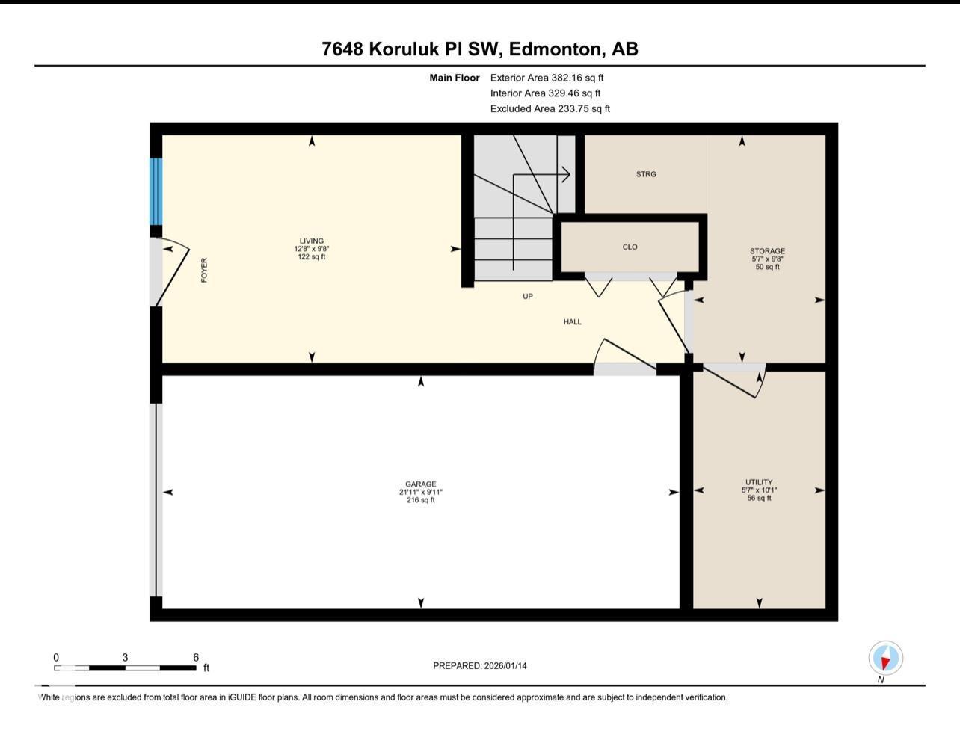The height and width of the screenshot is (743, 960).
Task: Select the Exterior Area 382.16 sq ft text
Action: pos(547,78)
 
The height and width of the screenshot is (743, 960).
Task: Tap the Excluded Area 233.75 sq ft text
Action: pos(550,109)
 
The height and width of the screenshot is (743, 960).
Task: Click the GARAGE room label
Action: pos(421,484)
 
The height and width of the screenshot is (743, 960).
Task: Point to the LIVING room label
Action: pos(312,241)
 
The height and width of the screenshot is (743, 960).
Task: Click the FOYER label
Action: pos(204,270)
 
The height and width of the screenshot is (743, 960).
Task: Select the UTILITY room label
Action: pos(759,482)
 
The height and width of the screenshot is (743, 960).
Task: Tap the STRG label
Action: pos(646,174)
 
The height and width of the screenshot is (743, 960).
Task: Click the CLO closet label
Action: pos(630,247)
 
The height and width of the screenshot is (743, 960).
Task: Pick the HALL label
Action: pos(573,322)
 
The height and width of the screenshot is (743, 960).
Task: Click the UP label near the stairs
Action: pos(528,297)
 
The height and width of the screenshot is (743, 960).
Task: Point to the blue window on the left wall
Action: pos(156,191)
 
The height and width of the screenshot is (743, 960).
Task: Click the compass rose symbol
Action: pos(885,659)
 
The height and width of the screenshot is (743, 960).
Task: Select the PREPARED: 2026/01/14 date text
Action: pos(480,666)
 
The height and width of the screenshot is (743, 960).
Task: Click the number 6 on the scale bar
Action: pos(196,658)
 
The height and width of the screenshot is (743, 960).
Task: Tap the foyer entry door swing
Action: pos(173,274)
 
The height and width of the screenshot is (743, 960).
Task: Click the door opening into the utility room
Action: pos(733,380)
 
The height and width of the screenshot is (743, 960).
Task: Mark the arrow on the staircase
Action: pos(553,175)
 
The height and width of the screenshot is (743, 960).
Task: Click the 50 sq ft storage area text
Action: pos(767,267)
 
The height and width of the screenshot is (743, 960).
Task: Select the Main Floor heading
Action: pos(455,78)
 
